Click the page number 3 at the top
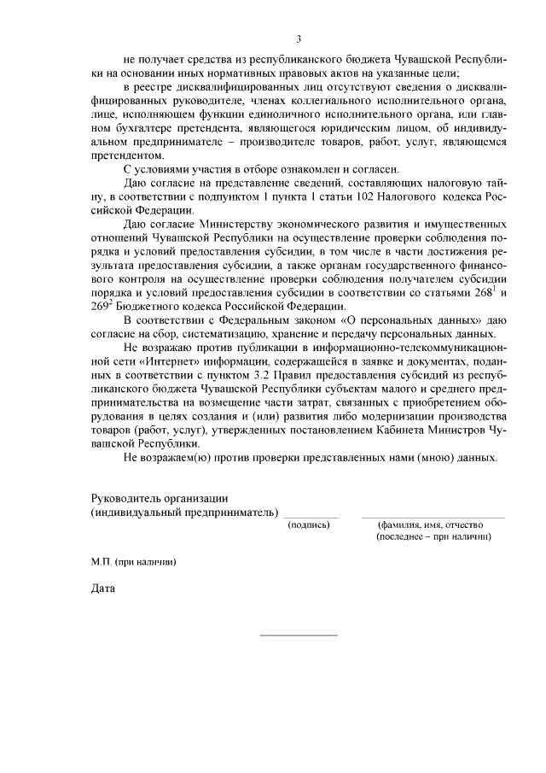click(298, 38)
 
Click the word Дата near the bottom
click(102, 587)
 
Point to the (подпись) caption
click(310, 525)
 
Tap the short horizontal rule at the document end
click(298, 635)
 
